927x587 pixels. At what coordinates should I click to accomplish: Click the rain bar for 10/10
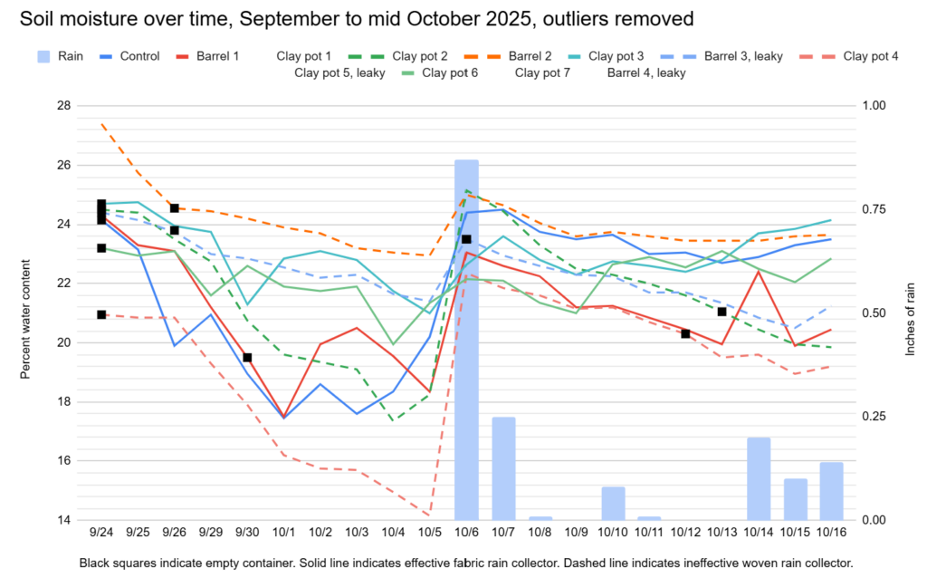(613, 503)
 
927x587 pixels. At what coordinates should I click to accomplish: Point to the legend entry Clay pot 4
(870, 56)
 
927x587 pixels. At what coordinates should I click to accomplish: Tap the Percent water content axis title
(27, 313)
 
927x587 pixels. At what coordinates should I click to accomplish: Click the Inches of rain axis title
(910, 313)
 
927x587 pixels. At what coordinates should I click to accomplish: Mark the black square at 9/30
(247, 358)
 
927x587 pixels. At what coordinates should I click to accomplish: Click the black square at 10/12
(685, 333)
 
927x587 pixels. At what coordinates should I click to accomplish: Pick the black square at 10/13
(722, 312)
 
